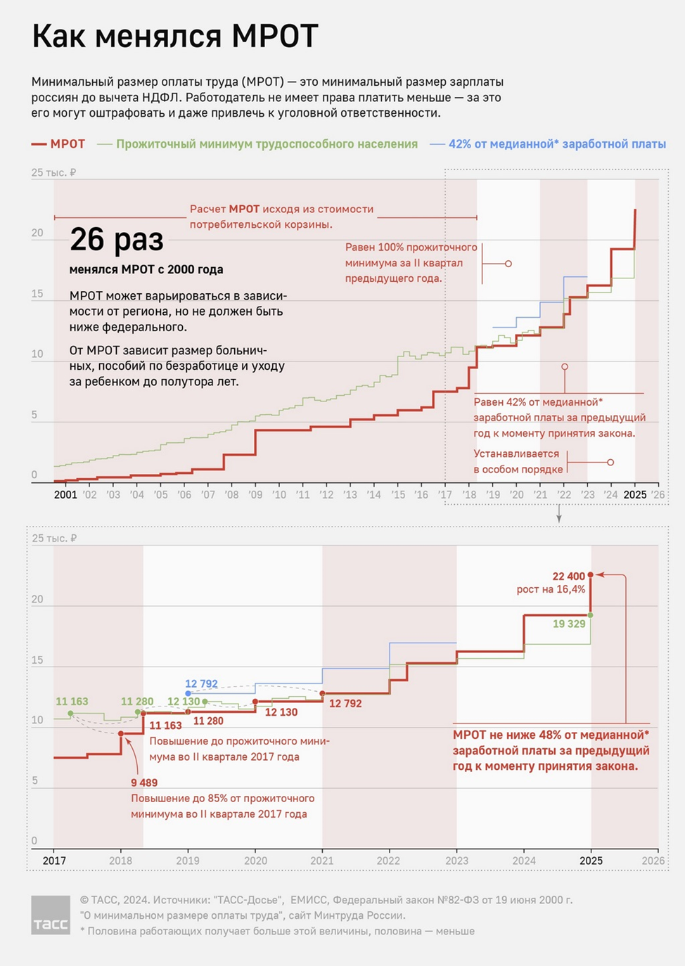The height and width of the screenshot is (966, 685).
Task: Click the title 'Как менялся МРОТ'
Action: coord(175,37)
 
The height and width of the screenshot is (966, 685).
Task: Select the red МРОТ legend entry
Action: coord(58,144)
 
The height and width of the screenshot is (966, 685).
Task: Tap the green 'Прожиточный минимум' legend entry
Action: coord(257,144)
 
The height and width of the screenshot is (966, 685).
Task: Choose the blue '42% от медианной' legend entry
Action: coord(549,144)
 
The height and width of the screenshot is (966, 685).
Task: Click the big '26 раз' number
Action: coord(117,240)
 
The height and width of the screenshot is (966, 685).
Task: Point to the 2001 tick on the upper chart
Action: coord(65,494)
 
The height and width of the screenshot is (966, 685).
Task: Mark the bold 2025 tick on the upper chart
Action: coord(635,494)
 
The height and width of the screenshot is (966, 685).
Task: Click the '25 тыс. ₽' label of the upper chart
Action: coord(53,172)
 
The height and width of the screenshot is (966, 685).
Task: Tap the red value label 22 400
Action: coord(568,577)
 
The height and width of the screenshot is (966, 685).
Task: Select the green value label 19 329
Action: coord(569,624)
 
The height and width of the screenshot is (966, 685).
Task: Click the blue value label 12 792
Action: coord(201,683)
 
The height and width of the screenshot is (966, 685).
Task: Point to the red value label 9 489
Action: coord(144,783)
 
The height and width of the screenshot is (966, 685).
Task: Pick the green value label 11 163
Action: coord(72,701)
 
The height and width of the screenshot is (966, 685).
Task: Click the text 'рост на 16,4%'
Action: coord(551,589)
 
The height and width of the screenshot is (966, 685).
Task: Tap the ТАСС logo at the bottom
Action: coord(51,915)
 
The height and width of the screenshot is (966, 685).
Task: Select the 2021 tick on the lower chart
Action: coord(322,860)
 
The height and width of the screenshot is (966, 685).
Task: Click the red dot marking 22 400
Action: coord(591,575)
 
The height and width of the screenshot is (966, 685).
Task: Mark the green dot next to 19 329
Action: coord(591,615)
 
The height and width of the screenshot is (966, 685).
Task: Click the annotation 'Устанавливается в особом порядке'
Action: coord(518,461)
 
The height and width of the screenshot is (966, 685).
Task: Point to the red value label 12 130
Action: coord(281,712)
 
